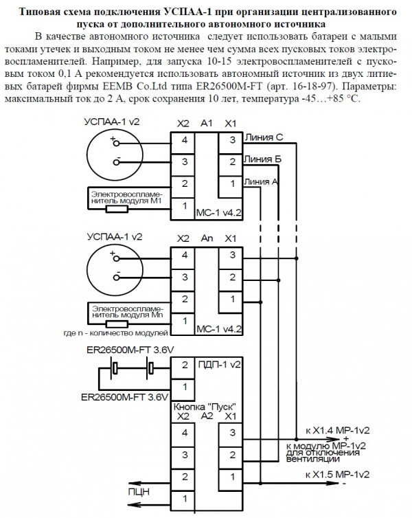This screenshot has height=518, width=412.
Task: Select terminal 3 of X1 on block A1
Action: point(232,140)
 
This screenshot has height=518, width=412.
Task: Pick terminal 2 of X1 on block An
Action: point(232,276)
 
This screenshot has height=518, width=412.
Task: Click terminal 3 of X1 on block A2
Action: point(232,433)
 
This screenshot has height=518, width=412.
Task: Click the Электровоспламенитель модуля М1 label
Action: point(128,199)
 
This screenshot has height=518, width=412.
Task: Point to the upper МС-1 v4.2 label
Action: point(220,212)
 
